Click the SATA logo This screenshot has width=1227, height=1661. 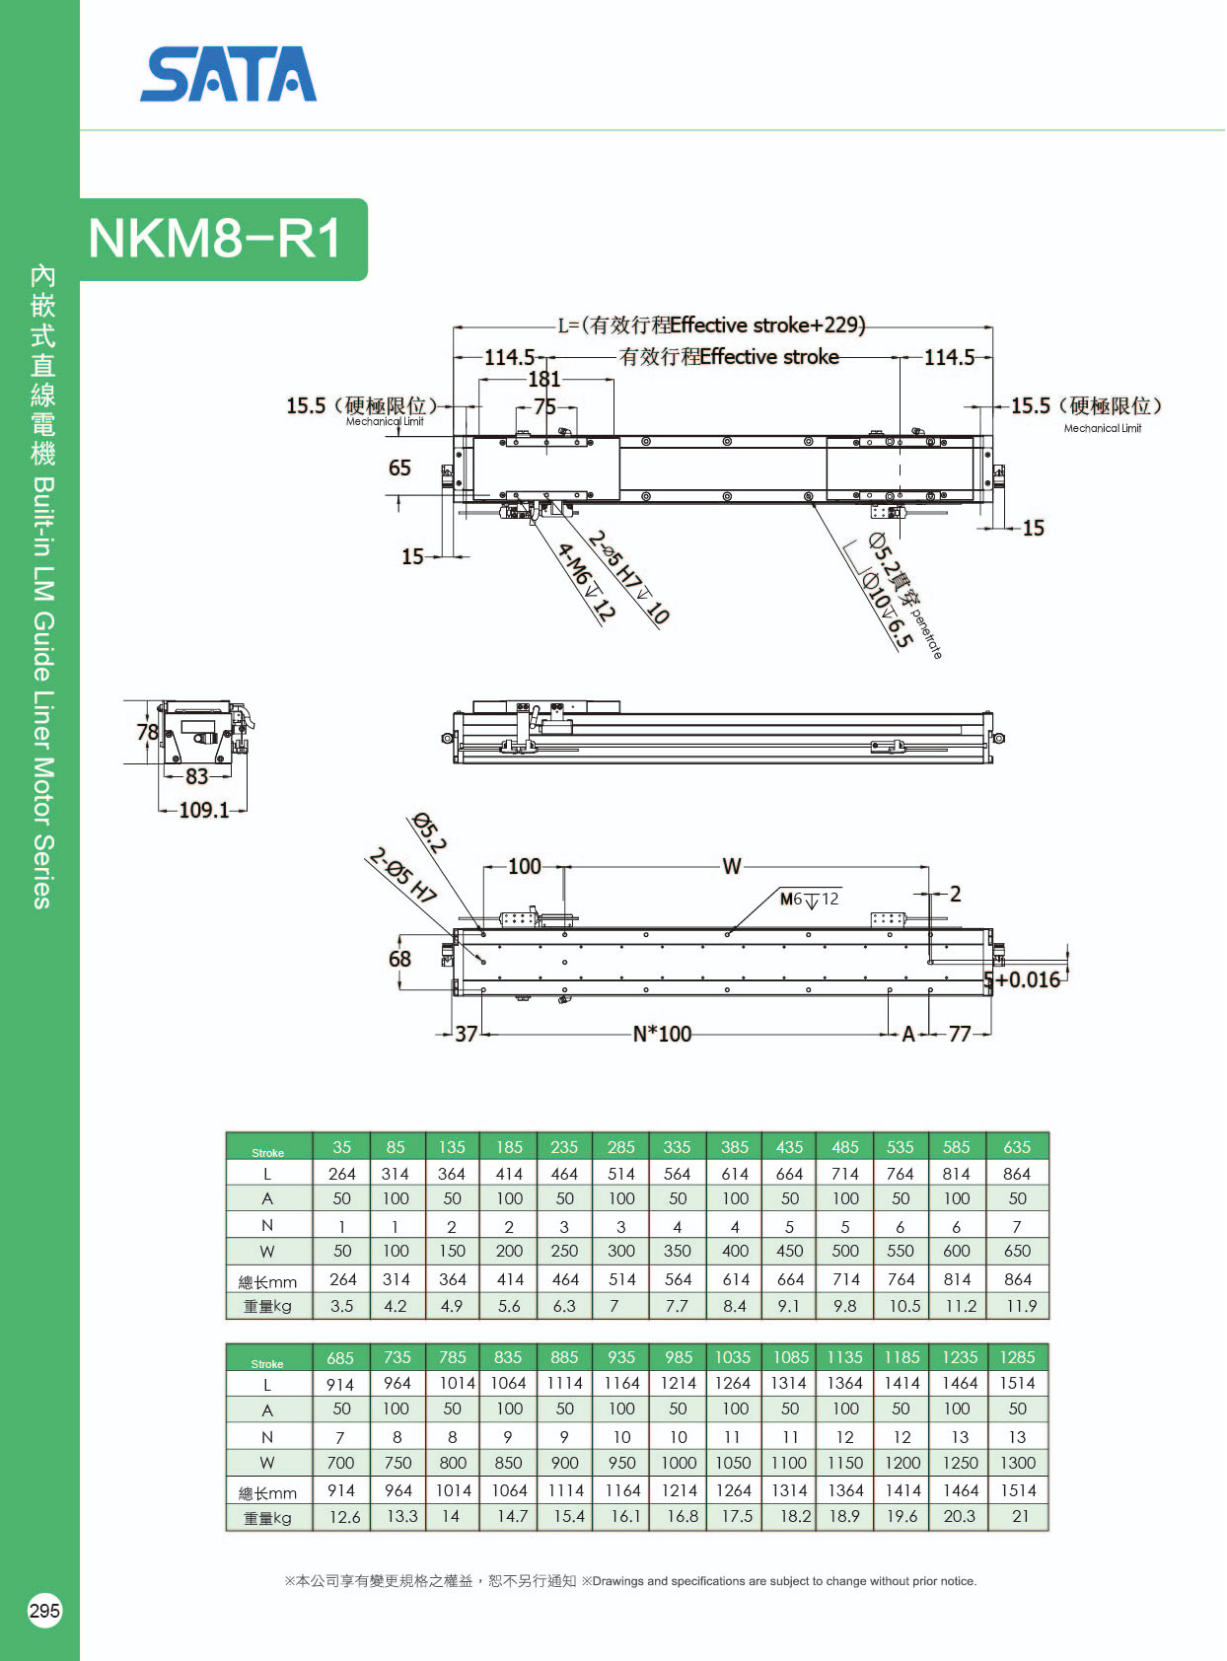[229, 74]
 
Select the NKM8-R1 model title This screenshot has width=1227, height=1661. [215, 239]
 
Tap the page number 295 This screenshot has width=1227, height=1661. [44, 1610]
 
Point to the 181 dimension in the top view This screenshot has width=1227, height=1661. [544, 379]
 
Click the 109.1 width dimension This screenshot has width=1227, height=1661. [204, 810]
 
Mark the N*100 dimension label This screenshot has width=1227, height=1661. [662, 1035]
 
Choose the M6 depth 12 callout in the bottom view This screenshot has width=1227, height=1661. [810, 899]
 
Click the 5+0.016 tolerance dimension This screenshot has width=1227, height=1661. [1023, 979]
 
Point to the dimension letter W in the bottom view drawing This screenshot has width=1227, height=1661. [732, 866]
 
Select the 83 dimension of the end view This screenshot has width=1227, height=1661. [196, 776]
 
